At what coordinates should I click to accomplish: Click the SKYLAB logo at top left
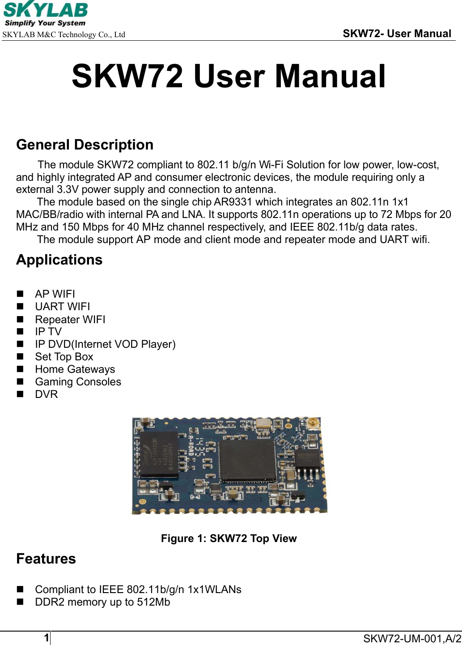click(45, 14)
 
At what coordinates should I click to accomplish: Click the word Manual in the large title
click(330, 76)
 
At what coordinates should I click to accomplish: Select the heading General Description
click(85, 145)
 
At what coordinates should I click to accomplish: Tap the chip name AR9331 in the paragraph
click(233, 202)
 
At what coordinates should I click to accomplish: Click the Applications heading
click(59, 260)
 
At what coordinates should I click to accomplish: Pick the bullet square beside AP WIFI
click(20, 294)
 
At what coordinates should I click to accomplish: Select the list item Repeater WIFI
click(70, 319)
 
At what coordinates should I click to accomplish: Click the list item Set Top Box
click(64, 357)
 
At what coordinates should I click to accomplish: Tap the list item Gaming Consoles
click(78, 382)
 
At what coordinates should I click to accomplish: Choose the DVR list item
click(47, 394)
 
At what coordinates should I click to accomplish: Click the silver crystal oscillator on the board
click(264, 423)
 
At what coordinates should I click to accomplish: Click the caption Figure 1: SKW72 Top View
click(229, 538)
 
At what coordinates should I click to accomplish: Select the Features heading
click(46, 559)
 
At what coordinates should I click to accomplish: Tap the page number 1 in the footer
click(47, 637)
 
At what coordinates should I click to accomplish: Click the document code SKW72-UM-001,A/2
click(412, 638)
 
